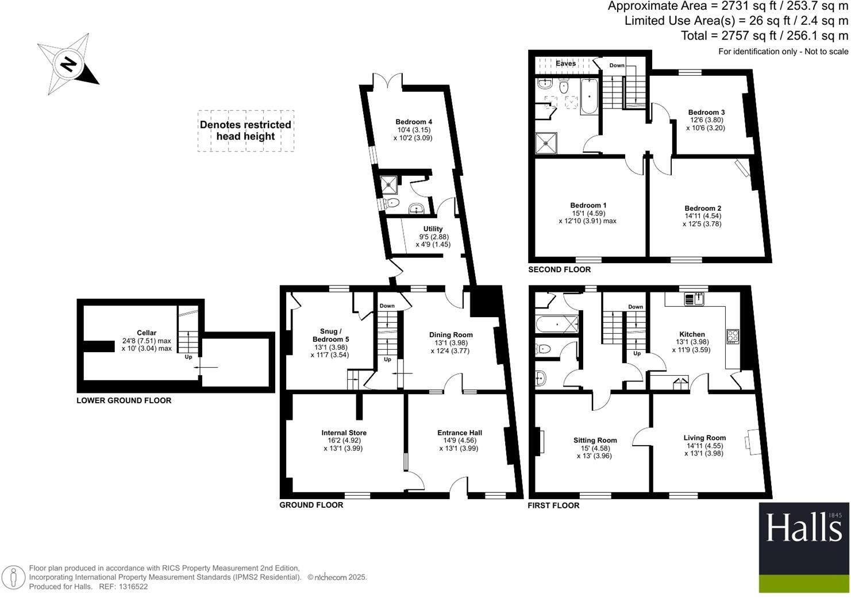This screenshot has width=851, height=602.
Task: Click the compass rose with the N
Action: pyautogui.click(x=67, y=64)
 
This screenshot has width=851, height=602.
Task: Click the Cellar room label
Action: pyautogui.click(x=147, y=333)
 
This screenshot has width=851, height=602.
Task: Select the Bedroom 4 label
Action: pyautogui.click(x=413, y=122)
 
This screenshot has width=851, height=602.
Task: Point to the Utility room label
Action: pyautogui.click(x=433, y=229)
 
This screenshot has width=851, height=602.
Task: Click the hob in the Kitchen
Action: pyautogui.click(x=733, y=336)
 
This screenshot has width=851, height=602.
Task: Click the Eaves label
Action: pyautogui.click(x=565, y=64)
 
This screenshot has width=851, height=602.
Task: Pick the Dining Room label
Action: pyautogui.click(x=451, y=335)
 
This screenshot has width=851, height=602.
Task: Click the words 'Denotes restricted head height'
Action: pyautogui.click(x=245, y=130)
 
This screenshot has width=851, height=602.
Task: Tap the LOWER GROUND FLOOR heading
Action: pyautogui.click(x=124, y=400)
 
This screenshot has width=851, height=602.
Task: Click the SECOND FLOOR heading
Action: pyautogui.click(x=559, y=269)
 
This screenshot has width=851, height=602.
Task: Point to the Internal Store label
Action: pyautogui.click(x=344, y=433)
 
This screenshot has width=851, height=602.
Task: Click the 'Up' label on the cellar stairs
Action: pyautogui.click(x=188, y=357)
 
